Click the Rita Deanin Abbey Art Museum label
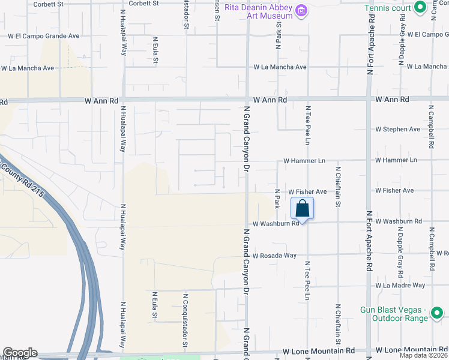tap(259, 11)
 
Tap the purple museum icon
tap(301, 11)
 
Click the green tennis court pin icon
tap(420, 7)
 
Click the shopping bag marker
tap(303, 209)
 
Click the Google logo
tap(20, 353)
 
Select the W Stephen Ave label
tap(398, 129)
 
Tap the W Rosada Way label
tap(274, 255)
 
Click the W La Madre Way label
tap(400, 285)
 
